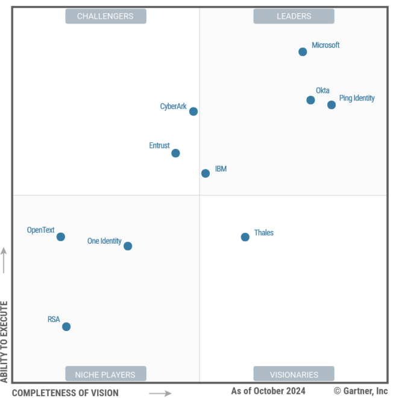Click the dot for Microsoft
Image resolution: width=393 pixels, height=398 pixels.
[x=303, y=52]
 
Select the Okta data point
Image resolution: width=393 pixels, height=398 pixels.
[x=310, y=100]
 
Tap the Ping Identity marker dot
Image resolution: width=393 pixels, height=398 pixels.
[x=332, y=105]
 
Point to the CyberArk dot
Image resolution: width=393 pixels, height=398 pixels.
[x=193, y=112]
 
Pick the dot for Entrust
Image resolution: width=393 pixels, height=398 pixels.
[x=175, y=153]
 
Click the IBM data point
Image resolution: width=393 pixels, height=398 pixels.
[x=206, y=173]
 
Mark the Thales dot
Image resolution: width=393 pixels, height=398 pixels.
[x=245, y=237]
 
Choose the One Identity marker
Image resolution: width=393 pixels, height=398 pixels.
[x=128, y=246]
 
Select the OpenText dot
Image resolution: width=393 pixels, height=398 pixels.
[x=61, y=237]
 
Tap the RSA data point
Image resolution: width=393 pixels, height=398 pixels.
[x=66, y=327]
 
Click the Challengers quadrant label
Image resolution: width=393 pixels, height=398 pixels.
[x=105, y=16]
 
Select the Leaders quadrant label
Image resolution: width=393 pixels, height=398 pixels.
[x=294, y=16]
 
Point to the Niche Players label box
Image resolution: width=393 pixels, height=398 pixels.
[x=105, y=374]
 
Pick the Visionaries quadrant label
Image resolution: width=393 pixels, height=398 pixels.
[x=294, y=374]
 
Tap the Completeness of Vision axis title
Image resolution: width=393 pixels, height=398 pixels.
[x=66, y=393]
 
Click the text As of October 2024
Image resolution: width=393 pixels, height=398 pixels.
[x=268, y=391]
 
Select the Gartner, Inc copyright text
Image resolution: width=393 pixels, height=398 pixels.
[x=361, y=391]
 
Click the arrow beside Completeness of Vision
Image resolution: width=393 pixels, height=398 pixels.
[x=160, y=393]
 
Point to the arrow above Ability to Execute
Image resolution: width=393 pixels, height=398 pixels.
[x=5, y=259]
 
